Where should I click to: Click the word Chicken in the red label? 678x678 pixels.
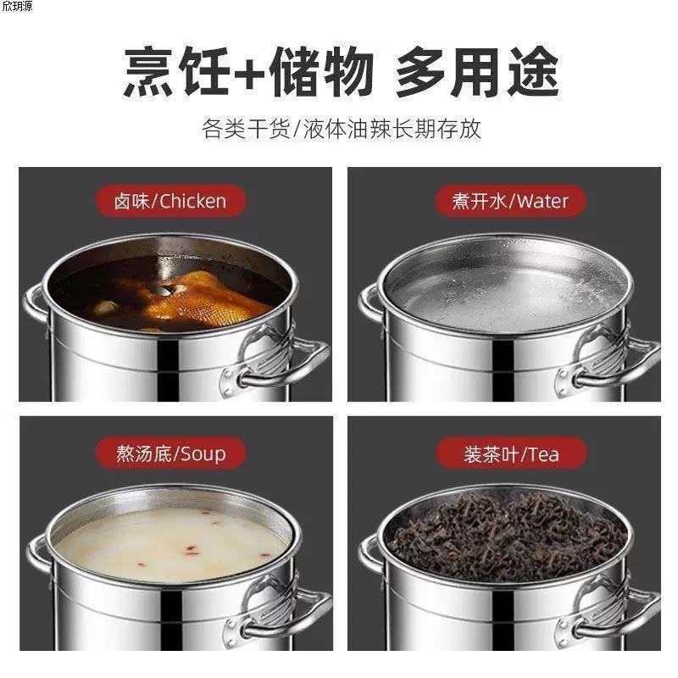[193, 202]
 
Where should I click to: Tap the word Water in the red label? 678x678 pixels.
[542, 202]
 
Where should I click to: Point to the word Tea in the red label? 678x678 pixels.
[543, 454]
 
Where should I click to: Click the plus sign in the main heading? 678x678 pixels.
[248, 74]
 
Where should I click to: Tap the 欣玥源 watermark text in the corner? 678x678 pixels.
[17, 6]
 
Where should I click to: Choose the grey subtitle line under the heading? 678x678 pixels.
[342, 129]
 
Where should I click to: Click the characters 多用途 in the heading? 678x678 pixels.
[477, 72]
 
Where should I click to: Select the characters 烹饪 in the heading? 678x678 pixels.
[176, 72]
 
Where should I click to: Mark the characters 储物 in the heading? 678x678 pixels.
[321, 72]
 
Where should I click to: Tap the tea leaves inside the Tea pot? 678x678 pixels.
[506, 533]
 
